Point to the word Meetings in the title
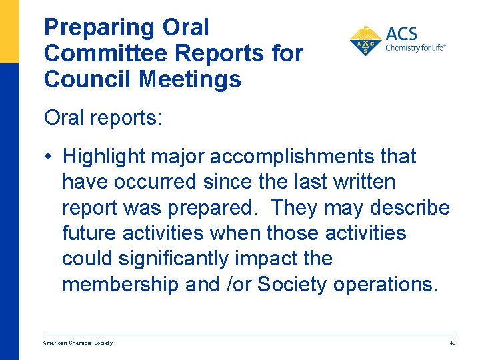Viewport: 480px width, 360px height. tap(190, 79)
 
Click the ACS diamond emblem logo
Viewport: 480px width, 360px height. tap(365, 41)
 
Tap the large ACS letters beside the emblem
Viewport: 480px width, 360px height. tap(402, 33)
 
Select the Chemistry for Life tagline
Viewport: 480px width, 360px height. tap(415, 48)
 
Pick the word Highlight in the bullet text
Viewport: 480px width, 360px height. tap(105, 157)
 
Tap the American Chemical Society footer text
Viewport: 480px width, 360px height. tap(77, 343)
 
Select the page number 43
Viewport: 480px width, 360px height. tap(452, 343)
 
